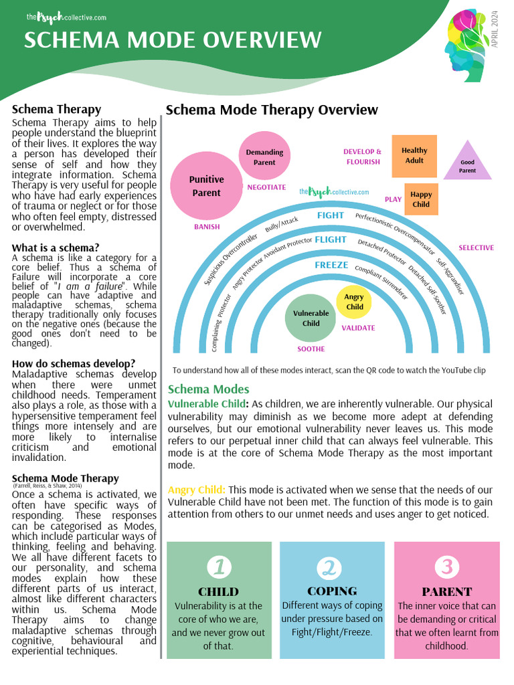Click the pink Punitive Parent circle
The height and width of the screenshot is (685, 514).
[x=206, y=186]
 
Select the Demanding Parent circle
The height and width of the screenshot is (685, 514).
[x=264, y=157]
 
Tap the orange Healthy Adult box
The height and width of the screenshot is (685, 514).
[x=414, y=156]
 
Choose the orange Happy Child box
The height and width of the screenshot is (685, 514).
[x=421, y=199]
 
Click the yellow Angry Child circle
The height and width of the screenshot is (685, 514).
[x=354, y=302]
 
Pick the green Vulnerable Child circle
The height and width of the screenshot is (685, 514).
[x=311, y=318]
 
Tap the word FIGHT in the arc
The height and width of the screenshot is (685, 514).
[x=330, y=215]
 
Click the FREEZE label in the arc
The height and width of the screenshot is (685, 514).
[x=331, y=265]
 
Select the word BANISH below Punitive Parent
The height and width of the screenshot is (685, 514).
[x=207, y=227]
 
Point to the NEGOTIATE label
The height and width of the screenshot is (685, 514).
[x=266, y=188]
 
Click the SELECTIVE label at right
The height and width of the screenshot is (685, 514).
[x=476, y=248]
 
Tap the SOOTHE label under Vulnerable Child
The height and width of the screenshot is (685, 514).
[x=311, y=349]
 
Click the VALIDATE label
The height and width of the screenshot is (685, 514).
[x=358, y=328]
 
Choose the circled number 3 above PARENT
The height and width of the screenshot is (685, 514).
[x=447, y=567]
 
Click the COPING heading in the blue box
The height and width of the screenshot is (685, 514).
[x=332, y=591]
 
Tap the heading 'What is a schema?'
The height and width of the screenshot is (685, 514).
[x=56, y=248]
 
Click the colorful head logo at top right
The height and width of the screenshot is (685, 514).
[x=467, y=45]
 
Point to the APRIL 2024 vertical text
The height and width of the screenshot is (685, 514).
[x=495, y=28]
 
